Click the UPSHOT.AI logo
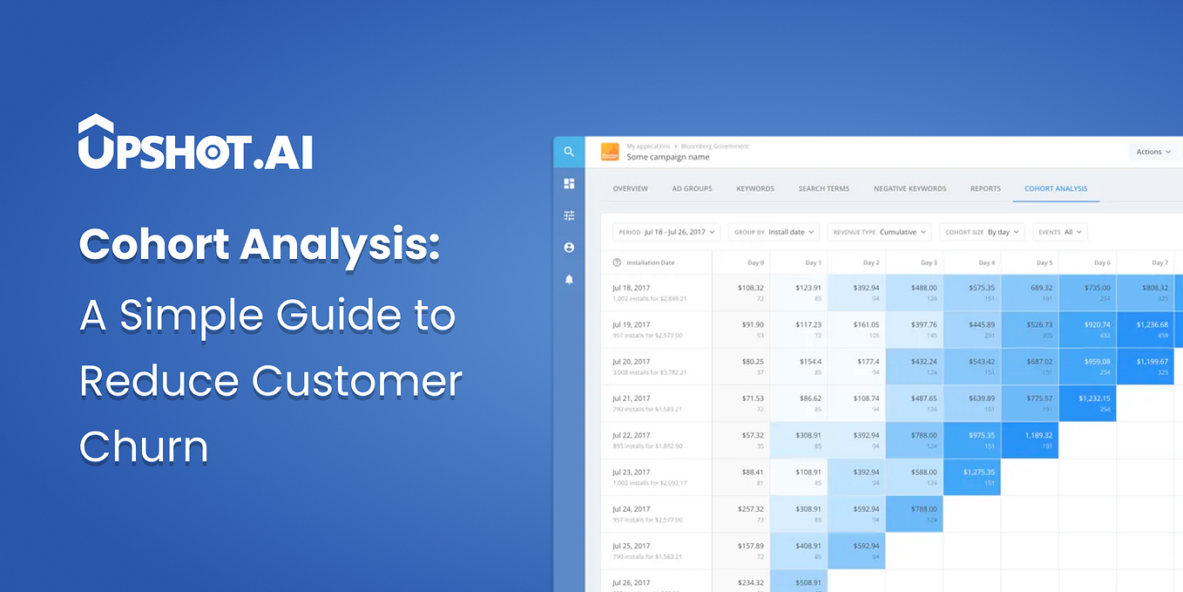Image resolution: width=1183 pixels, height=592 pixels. (195, 143)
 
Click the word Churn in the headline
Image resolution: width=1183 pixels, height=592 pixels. (144, 446)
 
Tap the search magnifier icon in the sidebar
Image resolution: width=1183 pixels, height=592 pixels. (569, 152)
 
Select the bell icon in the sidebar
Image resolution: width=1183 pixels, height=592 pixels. (569, 280)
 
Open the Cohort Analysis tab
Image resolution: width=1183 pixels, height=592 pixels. (1056, 188)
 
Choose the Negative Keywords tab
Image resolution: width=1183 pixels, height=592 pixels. (909, 188)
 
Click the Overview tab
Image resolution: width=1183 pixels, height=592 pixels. (630, 188)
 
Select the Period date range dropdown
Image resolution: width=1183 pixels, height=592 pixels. (666, 232)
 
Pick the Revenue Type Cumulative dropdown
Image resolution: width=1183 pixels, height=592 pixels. (879, 232)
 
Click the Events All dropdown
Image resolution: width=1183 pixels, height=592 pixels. (1060, 232)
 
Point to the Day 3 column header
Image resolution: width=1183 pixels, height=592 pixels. (929, 262)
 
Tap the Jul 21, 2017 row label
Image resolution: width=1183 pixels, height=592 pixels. (631, 398)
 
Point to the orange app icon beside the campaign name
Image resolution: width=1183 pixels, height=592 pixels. (610, 152)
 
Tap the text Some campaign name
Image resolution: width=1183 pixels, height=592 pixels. (668, 157)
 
